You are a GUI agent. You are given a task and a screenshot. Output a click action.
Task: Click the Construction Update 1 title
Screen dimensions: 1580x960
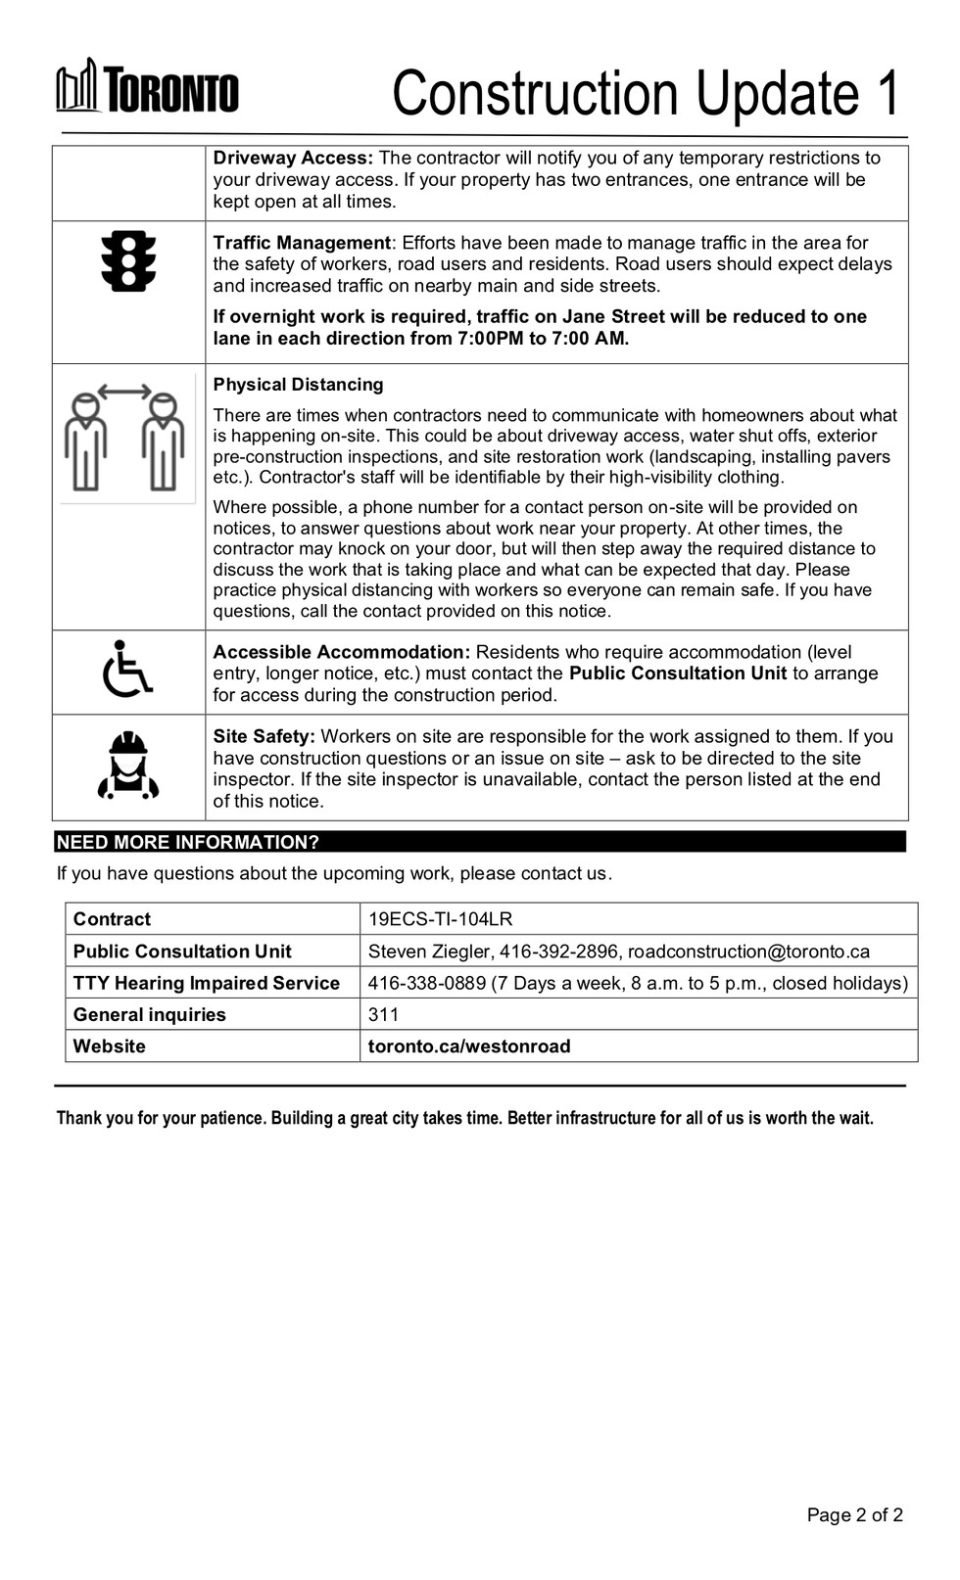646,94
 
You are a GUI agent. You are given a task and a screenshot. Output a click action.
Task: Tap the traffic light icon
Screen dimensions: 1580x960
128,261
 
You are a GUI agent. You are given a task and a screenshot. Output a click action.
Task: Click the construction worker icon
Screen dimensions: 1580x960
128,767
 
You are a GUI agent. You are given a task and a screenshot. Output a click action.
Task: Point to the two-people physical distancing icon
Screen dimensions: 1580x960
124,437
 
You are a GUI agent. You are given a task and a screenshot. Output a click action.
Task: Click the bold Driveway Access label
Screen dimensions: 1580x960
293,158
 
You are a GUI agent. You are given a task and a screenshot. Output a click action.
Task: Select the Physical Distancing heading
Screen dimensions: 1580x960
298,385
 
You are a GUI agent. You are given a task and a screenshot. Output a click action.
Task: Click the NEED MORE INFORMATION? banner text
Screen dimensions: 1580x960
188,842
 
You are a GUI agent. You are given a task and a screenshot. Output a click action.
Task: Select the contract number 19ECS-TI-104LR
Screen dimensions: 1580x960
440,919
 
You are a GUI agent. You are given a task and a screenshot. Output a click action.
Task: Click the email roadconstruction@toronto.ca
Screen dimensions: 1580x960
748,952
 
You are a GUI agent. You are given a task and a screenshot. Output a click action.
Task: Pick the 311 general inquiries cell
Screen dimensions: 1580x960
383,1014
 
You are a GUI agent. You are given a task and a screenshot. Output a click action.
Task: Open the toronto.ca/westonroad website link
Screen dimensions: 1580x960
468,1046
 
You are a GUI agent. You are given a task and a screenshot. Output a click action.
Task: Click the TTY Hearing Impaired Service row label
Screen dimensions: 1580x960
206,983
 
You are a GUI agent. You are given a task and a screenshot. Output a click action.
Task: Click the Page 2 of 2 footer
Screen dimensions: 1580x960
854,1514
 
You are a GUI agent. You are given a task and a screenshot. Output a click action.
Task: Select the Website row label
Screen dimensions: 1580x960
109,1046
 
